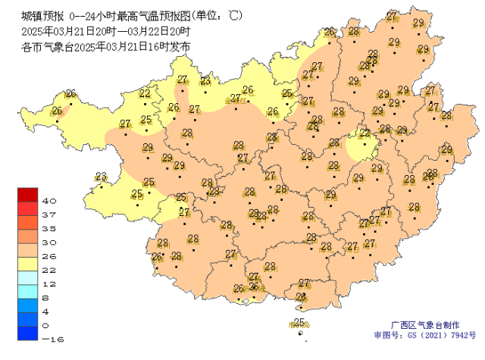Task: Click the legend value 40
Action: click(x=50, y=201)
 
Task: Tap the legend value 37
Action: click(x=50, y=214)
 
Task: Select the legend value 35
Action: click(x=50, y=228)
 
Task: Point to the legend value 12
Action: click(x=50, y=283)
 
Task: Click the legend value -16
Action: click(x=50, y=339)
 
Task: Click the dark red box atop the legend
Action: click(x=28, y=194)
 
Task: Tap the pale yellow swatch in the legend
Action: click(x=28, y=262)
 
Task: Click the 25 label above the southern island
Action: click(x=299, y=322)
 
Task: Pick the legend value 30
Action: click(x=50, y=242)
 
